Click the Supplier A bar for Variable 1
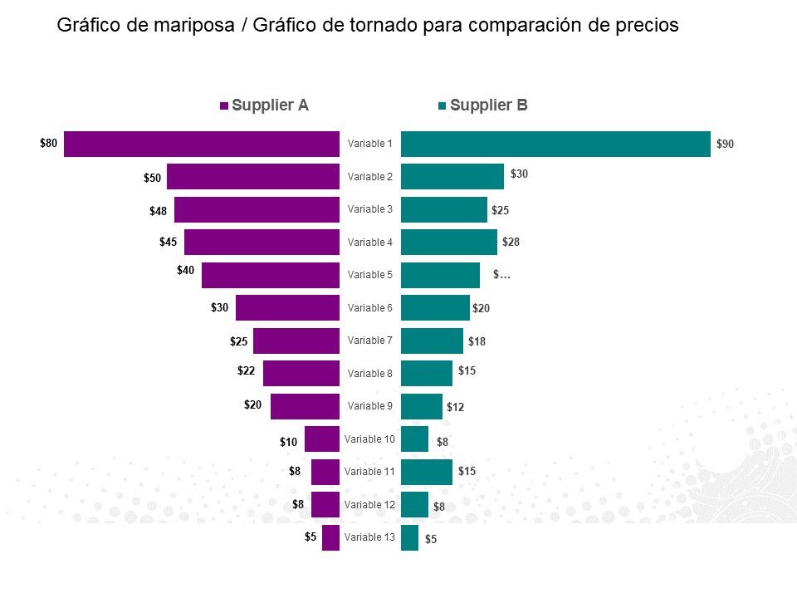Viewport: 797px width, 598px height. click(x=202, y=144)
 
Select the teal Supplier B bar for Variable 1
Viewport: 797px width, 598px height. click(x=555, y=144)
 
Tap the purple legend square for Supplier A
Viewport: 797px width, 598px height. click(x=224, y=106)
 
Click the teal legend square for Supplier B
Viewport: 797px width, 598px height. click(x=443, y=106)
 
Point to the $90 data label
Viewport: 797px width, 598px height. click(x=725, y=144)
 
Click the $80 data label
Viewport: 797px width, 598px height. click(x=49, y=143)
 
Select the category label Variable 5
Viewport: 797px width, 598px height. click(x=370, y=275)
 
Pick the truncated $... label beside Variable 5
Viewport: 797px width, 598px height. click(x=501, y=274)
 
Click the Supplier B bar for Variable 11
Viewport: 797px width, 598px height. click(x=427, y=472)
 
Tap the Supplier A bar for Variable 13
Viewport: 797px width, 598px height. click(x=330, y=537)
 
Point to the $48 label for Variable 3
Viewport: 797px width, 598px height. click(x=158, y=211)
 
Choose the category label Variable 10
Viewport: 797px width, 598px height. click(x=370, y=439)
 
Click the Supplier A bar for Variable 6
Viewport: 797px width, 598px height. click(x=287, y=307)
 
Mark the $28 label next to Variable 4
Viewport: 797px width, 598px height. click(x=511, y=242)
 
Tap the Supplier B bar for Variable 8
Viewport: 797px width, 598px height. click(x=427, y=373)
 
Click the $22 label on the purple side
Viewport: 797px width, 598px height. click(x=246, y=370)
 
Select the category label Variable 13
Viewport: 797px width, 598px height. click(x=370, y=537)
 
